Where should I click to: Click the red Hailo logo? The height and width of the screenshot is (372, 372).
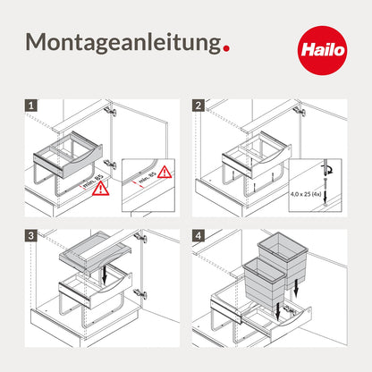[x=322, y=50]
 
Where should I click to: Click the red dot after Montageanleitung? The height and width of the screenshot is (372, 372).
[x=226, y=48]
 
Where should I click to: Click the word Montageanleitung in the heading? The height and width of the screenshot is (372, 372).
[x=123, y=43]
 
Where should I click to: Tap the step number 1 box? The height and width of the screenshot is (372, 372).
[x=31, y=106]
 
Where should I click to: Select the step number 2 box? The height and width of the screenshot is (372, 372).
[x=199, y=106]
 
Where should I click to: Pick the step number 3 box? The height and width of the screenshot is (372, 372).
[x=31, y=236]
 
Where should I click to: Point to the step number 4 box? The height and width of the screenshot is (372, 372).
[x=199, y=236]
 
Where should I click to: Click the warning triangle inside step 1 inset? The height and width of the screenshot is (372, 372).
[x=165, y=172]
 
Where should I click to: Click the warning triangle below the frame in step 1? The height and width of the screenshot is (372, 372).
[x=101, y=189]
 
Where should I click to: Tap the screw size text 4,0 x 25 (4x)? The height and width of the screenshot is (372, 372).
[x=306, y=194]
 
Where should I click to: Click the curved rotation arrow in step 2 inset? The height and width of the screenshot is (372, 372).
[x=330, y=170]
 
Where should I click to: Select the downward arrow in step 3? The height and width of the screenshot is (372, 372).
[x=104, y=274]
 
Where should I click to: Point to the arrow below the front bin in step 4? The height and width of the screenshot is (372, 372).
[x=278, y=312]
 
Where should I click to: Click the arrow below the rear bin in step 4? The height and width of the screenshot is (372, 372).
[x=295, y=289]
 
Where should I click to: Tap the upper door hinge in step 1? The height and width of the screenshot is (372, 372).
[x=110, y=111]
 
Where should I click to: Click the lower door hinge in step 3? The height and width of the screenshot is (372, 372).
[x=140, y=293]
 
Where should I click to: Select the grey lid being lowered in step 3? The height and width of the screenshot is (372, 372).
[x=95, y=252]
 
